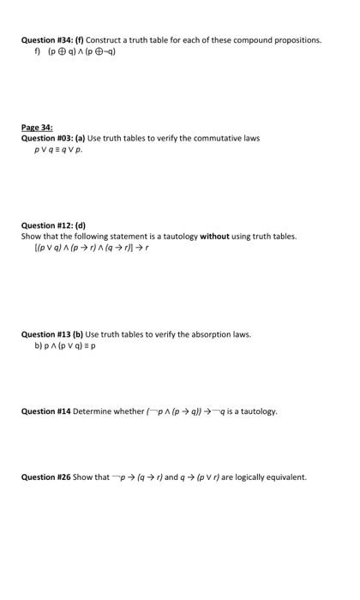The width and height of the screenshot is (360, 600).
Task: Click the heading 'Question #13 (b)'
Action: tap(53, 334)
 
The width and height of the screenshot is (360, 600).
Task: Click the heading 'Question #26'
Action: tap(45, 477)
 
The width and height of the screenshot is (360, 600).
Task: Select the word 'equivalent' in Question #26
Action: tap(286, 477)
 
